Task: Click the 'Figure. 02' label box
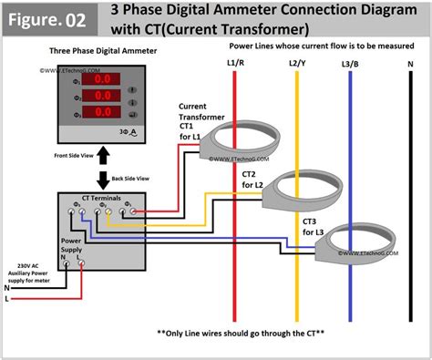(53, 18)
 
